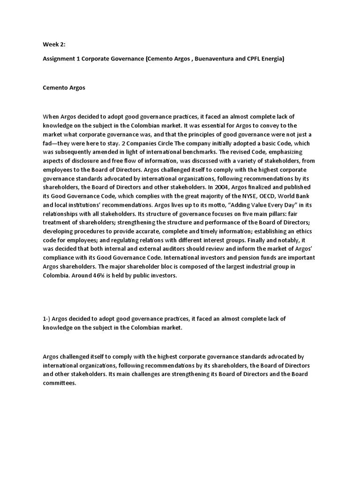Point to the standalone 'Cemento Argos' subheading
64,88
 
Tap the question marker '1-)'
46,319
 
